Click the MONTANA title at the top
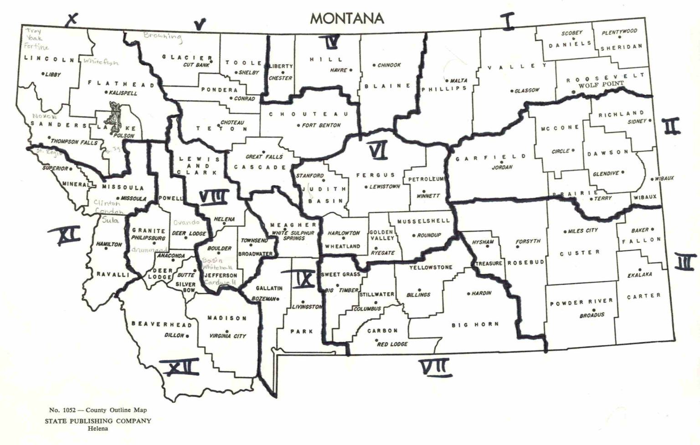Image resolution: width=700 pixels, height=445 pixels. click(x=347, y=18)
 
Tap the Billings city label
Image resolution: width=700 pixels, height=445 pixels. click(x=418, y=295)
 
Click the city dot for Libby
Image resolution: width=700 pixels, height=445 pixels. click(x=43, y=74)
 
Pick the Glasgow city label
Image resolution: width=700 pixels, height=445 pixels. click(x=527, y=91)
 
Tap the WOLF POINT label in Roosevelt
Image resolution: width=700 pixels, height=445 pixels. click(x=601, y=85)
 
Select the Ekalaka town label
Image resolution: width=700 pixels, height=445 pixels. click(x=640, y=275)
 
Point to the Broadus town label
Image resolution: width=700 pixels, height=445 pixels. click(x=592, y=315)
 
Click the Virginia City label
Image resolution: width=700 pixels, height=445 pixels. click(x=228, y=336)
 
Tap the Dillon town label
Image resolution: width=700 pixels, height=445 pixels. click(x=174, y=336)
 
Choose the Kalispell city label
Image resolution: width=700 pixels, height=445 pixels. click(x=123, y=93)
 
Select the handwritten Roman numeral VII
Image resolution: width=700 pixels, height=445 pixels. click(x=435, y=367)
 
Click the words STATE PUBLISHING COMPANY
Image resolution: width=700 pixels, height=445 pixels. click(x=98, y=421)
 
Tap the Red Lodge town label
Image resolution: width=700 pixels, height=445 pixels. click(x=392, y=344)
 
